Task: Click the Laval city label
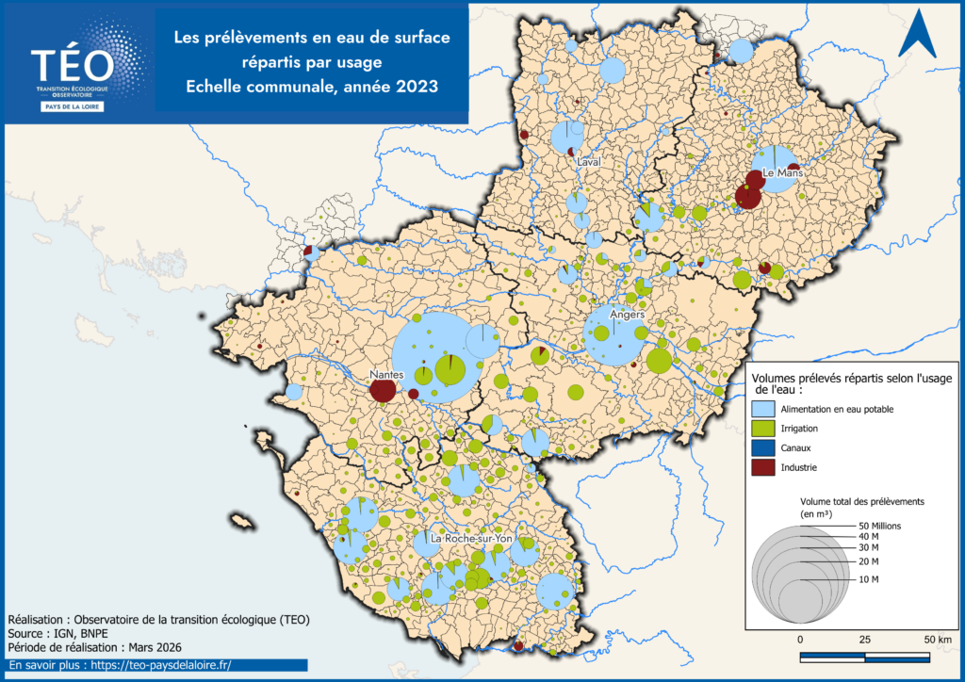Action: click(x=590, y=162)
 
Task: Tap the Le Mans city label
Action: click(x=781, y=174)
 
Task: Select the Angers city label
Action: click(x=627, y=315)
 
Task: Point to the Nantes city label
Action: click(x=387, y=374)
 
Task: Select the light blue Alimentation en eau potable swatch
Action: click(x=764, y=410)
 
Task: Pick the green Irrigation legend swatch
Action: click(x=764, y=429)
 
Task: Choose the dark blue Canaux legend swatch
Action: click(x=764, y=448)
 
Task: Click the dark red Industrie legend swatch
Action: click(x=764, y=467)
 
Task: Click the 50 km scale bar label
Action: click(x=937, y=641)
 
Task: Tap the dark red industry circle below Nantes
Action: click(x=383, y=390)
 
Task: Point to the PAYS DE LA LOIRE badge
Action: click(x=73, y=106)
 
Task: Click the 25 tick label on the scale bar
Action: click(x=865, y=641)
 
